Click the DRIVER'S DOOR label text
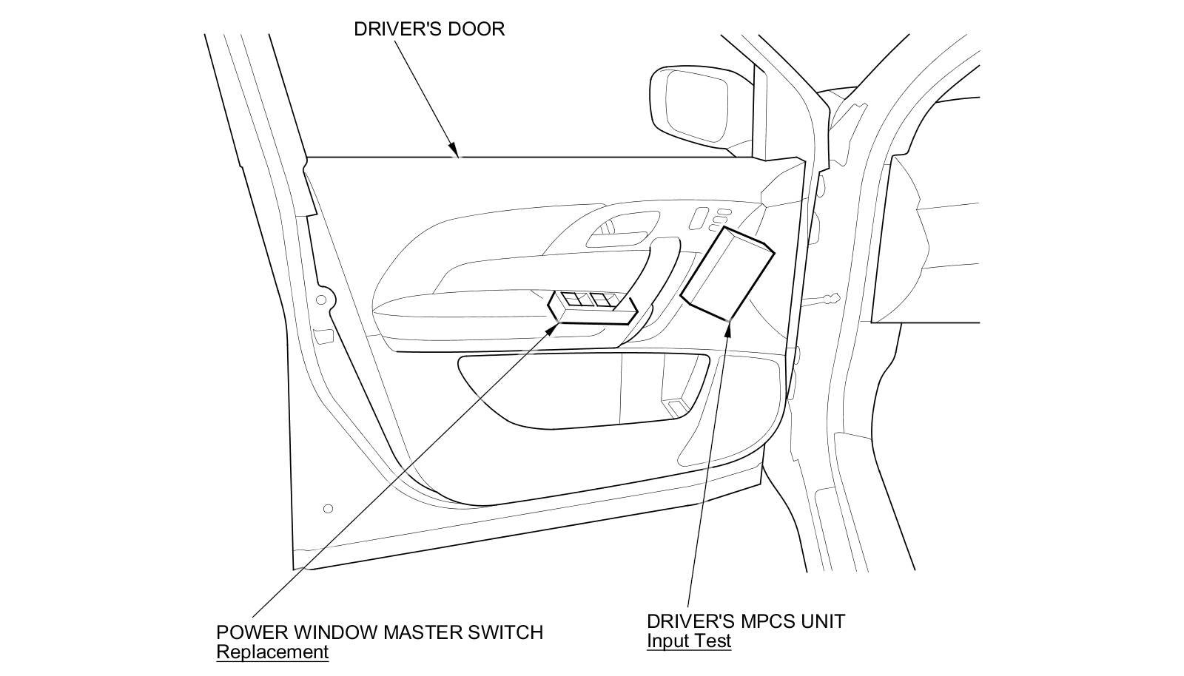click(x=428, y=30)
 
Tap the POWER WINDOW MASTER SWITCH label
click(x=379, y=633)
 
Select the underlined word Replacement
click(x=272, y=652)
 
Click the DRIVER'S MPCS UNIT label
click(x=745, y=621)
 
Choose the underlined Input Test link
click(x=688, y=641)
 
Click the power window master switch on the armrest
click(x=592, y=305)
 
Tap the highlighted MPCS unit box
click(x=727, y=274)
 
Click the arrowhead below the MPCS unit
click(x=728, y=325)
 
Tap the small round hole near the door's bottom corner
click(x=329, y=509)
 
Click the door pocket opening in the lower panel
click(x=585, y=392)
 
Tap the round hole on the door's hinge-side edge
click(x=320, y=300)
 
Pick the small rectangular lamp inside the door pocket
click(x=676, y=407)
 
